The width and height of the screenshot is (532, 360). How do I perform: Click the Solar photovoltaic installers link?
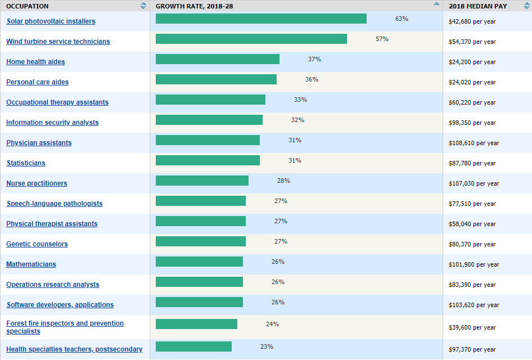pyautogui.click(x=51, y=21)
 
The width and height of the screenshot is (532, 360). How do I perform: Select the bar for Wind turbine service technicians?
pyautogui.click(x=251, y=39)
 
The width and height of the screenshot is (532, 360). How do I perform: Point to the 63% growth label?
pyautogui.click(x=402, y=19)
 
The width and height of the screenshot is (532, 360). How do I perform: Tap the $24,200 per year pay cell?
pyautogui.click(x=472, y=62)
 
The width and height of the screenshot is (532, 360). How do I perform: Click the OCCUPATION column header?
pyautogui.click(x=28, y=6)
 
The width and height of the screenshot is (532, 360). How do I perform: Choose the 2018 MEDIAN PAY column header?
pyautogui.click(x=477, y=6)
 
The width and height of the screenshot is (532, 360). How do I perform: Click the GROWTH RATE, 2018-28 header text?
pyautogui.click(x=194, y=6)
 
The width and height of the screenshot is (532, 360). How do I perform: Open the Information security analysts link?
pyautogui.click(x=52, y=123)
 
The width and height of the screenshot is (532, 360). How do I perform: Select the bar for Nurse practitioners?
pyautogui.click(x=202, y=181)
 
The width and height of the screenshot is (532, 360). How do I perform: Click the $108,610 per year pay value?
pyautogui.click(x=474, y=143)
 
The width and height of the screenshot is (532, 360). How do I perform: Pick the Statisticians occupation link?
pyautogui.click(x=26, y=163)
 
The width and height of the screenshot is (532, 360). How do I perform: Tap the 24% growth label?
pyautogui.click(x=272, y=324)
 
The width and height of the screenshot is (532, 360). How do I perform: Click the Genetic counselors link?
pyautogui.click(x=37, y=244)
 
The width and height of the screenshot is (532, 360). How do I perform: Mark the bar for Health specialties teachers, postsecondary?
pyautogui.click(x=193, y=346)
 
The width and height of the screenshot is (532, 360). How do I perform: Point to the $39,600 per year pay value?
pyautogui.click(x=472, y=327)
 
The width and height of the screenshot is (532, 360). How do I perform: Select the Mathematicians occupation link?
pyautogui.click(x=31, y=264)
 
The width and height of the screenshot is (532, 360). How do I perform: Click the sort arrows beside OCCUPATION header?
pyautogui.click(x=143, y=6)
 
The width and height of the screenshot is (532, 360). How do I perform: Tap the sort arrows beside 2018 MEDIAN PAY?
pyautogui.click(x=526, y=6)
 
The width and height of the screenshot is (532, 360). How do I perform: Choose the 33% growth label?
pyautogui.click(x=300, y=100)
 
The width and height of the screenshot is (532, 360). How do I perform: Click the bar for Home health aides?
pyautogui.click(x=217, y=59)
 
